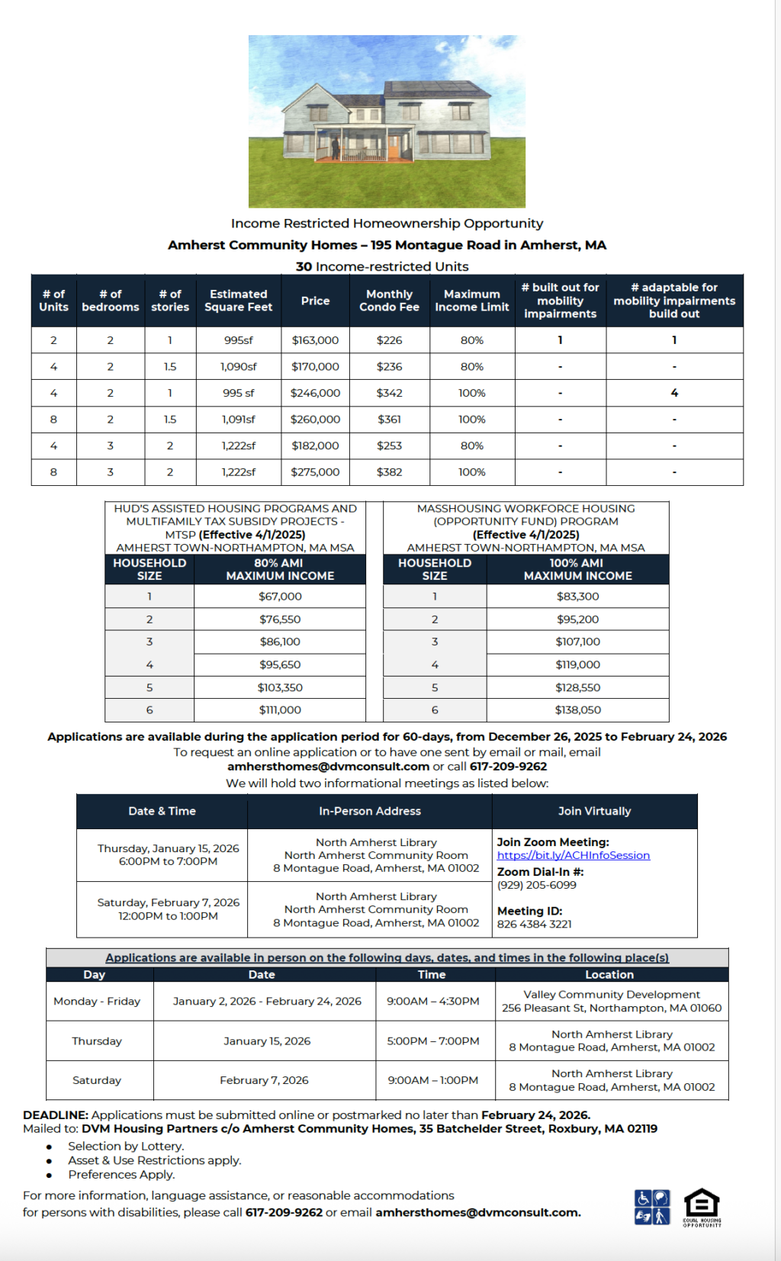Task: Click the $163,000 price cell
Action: coord(315,340)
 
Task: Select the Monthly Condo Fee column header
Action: coord(389,301)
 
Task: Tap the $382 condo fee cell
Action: coord(389,472)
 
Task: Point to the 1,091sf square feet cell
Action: coord(238,420)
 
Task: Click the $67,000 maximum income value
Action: coord(280,597)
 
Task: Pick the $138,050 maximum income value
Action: coord(577,710)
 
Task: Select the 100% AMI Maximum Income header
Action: coord(577,569)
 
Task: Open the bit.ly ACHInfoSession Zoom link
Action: coord(573,855)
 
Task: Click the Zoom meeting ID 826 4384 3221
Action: coord(534,924)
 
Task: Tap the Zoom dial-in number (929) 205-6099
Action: coord(536,885)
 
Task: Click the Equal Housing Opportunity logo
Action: coord(701,1207)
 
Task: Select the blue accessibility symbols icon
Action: coord(652,1207)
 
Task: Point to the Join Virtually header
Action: coord(594,811)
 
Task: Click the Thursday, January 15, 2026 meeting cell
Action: coord(168,855)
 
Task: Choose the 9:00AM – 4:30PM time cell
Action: coord(432,1001)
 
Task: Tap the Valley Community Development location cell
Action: coord(612,1001)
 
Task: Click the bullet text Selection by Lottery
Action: coord(126,1146)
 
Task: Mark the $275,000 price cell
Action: coord(315,472)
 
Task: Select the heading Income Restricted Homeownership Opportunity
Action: coord(387,224)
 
